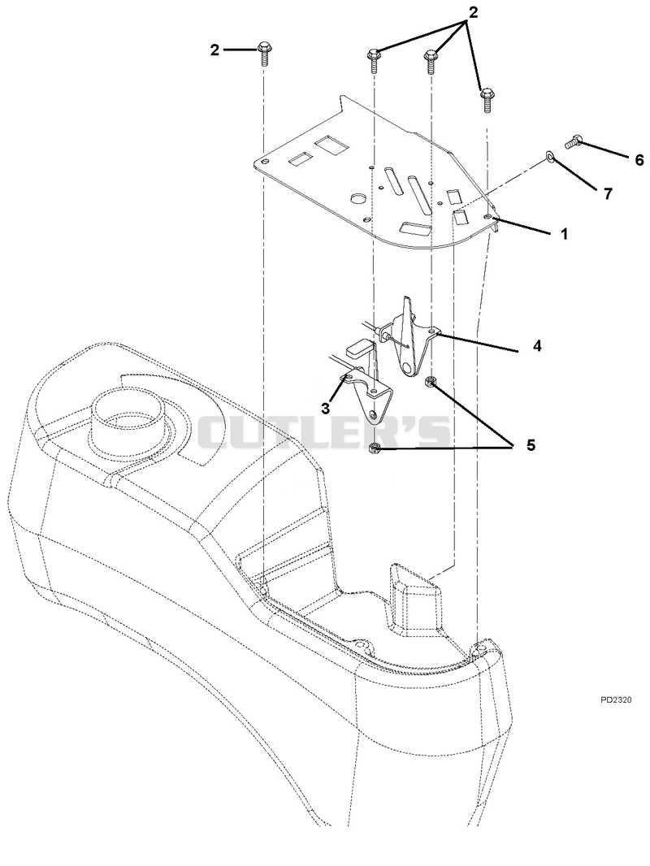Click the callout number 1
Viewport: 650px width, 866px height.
tap(564, 234)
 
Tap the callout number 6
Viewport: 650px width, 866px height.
tap(639, 160)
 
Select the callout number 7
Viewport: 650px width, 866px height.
tap(608, 194)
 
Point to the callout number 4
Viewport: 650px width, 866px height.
tap(536, 346)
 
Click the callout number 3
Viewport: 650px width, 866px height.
tap(325, 409)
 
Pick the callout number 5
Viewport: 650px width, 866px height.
tap(531, 445)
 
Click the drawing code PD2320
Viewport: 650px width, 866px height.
tap(616, 700)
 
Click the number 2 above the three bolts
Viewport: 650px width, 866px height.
tap(473, 13)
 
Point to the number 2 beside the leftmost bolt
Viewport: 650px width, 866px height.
tap(214, 50)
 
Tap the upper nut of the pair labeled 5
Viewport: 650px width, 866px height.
tap(430, 382)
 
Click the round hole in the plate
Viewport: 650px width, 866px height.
tap(358, 197)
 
